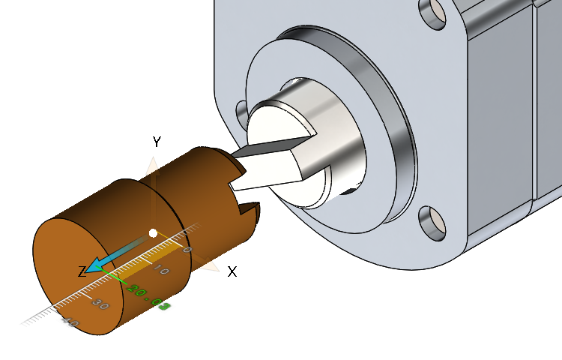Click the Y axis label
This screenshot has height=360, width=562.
point(157,142)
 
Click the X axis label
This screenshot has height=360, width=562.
point(232,271)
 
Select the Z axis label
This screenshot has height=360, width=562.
point(82,271)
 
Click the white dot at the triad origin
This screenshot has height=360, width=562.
point(153,233)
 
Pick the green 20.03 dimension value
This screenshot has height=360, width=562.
point(148,296)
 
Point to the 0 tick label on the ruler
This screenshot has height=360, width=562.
point(187,249)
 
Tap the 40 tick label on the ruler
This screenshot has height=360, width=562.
point(69,322)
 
